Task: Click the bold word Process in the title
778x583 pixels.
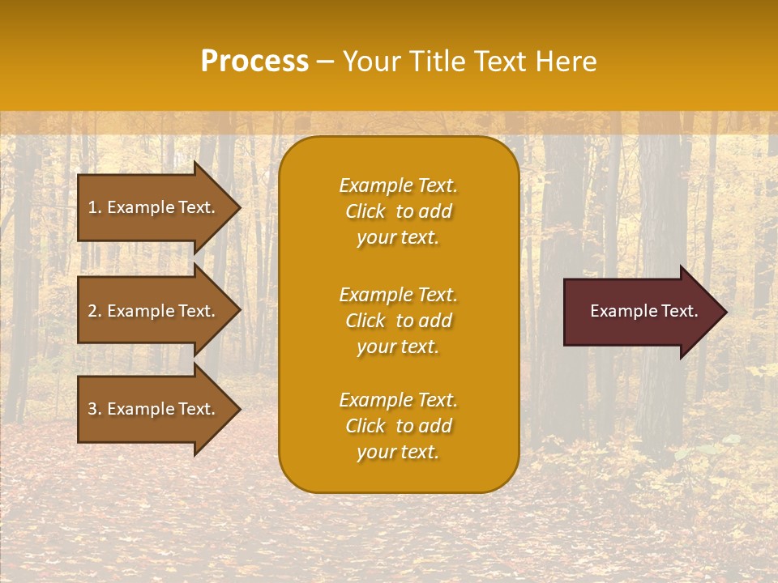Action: (254, 62)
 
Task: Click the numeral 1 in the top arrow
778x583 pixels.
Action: (92, 207)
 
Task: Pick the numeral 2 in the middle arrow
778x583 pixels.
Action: (92, 311)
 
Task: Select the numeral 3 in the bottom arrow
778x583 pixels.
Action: (92, 409)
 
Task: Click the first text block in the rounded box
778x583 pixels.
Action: (398, 211)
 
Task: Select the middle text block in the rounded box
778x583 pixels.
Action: (398, 321)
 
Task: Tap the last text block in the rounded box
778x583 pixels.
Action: (398, 426)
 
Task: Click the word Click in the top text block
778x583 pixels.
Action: (365, 211)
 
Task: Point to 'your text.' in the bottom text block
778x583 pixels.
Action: (398, 452)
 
